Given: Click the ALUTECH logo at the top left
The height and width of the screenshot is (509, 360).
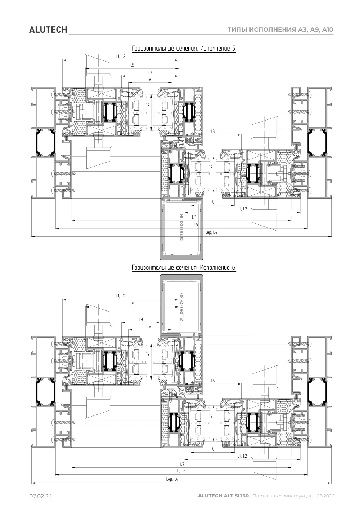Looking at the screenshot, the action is (x=48, y=30).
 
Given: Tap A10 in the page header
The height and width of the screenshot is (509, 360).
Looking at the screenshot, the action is (x=328, y=29).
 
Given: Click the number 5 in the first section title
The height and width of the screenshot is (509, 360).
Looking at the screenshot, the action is (x=233, y=49).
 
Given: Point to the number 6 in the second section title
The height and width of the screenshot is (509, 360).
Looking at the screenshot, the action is (x=233, y=268).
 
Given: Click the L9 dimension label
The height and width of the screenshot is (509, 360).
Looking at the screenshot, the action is (x=141, y=319).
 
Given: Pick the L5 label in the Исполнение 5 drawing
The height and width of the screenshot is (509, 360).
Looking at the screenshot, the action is (x=132, y=65).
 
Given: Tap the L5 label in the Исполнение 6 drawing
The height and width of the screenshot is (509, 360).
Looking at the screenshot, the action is (x=132, y=304).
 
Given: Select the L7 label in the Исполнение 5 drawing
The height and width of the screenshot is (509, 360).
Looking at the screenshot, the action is (x=194, y=217).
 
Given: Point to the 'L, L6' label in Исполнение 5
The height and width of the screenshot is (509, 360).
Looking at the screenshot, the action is (x=194, y=225).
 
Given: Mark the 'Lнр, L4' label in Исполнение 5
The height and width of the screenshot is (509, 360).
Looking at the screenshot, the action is (x=211, y=232).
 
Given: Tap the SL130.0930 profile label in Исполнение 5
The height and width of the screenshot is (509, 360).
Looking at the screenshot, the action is (x=181, y=228).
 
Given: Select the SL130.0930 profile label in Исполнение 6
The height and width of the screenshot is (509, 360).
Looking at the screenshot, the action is (x=181, y=307).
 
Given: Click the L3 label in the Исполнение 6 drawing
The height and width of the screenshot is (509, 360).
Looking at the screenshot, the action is (x=213, y=381).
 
